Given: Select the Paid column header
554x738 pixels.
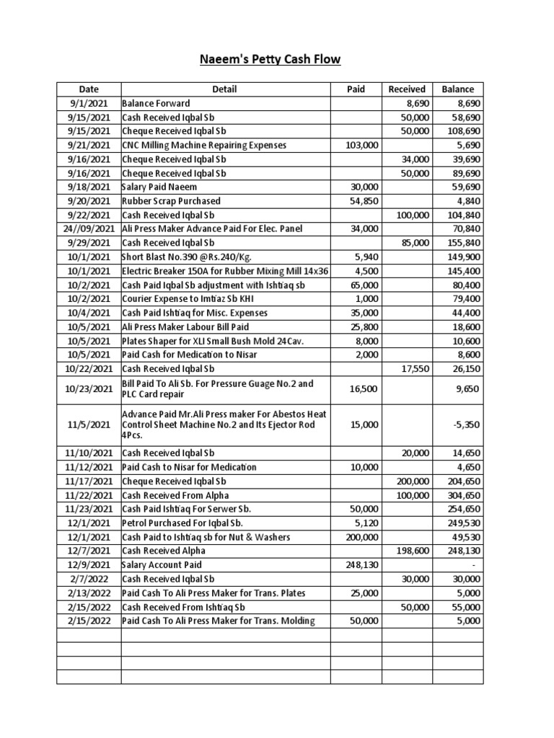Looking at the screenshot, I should (x=356, y=89).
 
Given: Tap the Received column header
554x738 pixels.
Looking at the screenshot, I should (x=407, y=89).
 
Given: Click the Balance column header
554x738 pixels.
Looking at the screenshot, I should (x=457, y=89).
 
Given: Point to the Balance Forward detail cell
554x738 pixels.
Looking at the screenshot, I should (x=157, y=104).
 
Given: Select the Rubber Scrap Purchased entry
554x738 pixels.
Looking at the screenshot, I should (x=172, y=201).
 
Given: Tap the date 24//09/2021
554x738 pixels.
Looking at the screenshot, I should (x=89, y=229).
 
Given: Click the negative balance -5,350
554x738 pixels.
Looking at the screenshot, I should (x=467, y=424).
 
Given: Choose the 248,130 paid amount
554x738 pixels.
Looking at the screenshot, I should (x=361, y=565).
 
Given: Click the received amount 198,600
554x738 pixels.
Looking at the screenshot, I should (x=413, y=551).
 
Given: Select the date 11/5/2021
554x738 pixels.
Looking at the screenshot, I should (x=89, y=424).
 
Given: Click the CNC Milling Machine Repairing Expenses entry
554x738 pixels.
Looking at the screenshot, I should (x=204, y=146).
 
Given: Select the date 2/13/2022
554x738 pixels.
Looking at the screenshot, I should (x=89, y=593).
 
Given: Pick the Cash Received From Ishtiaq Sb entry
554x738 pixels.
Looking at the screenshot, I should (x=184, y=607).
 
